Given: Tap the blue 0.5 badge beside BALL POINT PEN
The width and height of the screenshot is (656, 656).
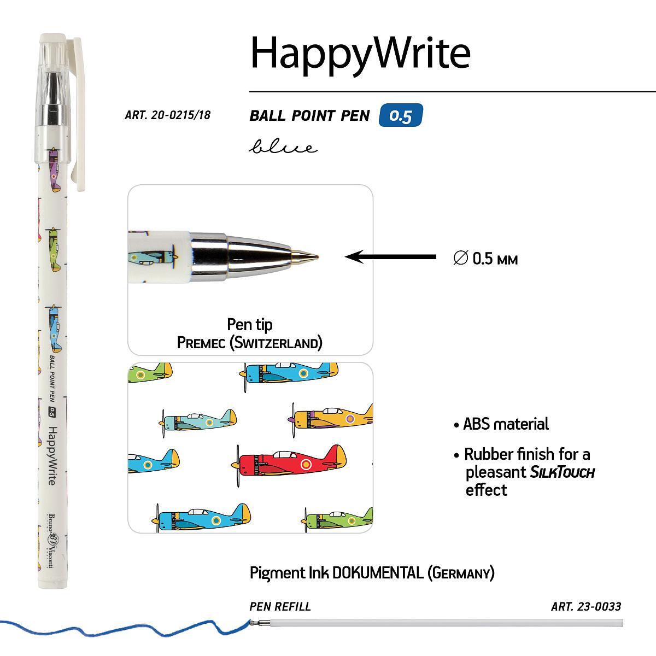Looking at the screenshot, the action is [x=401, y=115].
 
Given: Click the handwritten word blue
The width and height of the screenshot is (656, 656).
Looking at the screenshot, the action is [x=283, y=147].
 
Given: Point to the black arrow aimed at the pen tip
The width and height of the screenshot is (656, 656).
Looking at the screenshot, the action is [x=390, y=257].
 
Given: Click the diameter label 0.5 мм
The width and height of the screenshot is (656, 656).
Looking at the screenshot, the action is [x=485, y=259].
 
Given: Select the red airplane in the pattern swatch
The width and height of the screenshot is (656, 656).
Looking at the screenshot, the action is [x=289, y=462].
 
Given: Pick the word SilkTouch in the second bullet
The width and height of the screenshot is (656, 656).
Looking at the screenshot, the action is [x=563, y=472].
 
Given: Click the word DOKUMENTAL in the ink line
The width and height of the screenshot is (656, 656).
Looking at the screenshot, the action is [x=378, y=573].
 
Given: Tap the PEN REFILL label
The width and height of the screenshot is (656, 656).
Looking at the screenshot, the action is [x=280, y=606].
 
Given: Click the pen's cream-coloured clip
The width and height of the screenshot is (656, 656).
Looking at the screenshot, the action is [x=79, y=114].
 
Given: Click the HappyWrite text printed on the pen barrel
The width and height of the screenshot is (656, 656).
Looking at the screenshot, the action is [x=52, y=455].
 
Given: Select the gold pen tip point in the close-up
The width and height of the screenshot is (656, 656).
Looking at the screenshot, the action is [x=304, y=256].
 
